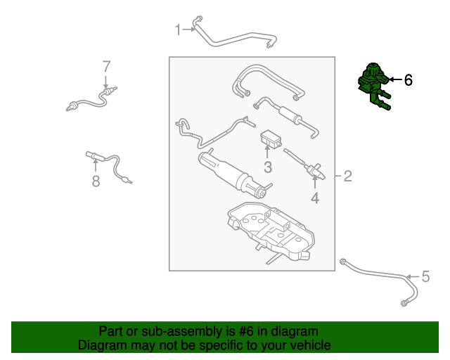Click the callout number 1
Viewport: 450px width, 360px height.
(x=178, y=30)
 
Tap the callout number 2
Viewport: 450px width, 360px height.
(x=347, y=176)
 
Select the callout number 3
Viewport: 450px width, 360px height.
(x=268, y=167)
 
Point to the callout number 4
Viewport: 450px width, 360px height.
(x=315, y=198)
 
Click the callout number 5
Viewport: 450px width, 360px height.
(x=425, y=276)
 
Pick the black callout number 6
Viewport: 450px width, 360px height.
(x=409, y=80)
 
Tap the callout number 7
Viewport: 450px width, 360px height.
(x=106, y=66)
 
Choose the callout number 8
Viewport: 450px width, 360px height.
(x=96, y=181)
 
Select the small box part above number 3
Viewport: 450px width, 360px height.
(x=271, y=139)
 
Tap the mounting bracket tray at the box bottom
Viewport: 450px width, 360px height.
(x=271, y=232)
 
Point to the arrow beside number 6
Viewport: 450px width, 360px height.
(x=395, y=79)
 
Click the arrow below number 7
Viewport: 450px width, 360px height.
(x=106, y=82)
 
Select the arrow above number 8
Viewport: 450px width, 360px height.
(x=96, y=165)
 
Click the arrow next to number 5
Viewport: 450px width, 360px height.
(x=413, y=277)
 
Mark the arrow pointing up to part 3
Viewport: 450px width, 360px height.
(x=267, y=152)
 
